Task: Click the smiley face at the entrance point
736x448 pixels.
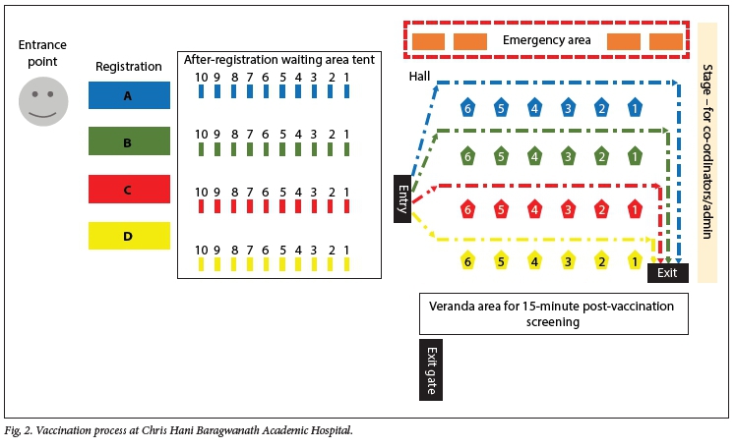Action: pos(43,101)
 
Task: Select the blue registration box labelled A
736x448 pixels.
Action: pos(129,94)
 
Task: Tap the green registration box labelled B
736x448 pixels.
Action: pos(129,141)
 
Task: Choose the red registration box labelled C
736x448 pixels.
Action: pos(129,189)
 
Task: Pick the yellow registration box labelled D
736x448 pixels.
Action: pos(129,236)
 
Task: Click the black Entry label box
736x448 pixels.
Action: pos(401,198)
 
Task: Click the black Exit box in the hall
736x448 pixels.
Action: pos(667,272)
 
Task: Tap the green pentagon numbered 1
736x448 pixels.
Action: pos(635,155)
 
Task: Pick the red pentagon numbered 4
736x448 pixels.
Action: pos(534,208)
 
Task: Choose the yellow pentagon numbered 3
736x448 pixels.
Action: pos(568,260)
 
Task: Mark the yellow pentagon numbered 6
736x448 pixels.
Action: pos(467,260)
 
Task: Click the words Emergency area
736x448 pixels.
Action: pos(546,40)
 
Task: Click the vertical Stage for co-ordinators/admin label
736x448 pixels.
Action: pos(707,151)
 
